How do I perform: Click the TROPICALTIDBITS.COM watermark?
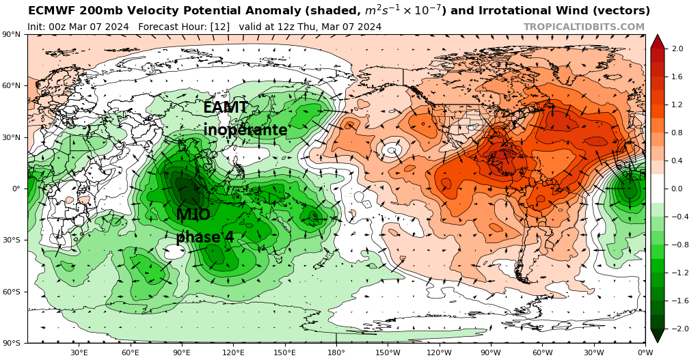pyautogui.click(x=584, y=27)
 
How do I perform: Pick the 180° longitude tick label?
pyautogui.click(x=336, y=352)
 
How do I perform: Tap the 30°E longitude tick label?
pyautogui.click(x=79, y=352)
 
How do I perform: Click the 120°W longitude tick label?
pyautogui.click(x=439, y=352)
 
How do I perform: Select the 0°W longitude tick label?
pyautogui.click(x=645, y=352)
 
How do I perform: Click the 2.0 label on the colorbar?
pyautogui.click(x=677, y=49)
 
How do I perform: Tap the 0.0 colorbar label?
pyautogui.click(x=677, y=189)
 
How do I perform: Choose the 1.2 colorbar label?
pyautogui.click(x=677, y=105)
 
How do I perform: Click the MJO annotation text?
pyautogui.click(x=193, y=215)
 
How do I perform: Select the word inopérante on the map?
pyautogui.click(x=245, y=130)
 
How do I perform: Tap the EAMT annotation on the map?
pyautogui.click(x=226, y=107)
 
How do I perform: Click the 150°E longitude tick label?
pyautogui.click(x=285, y=352)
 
